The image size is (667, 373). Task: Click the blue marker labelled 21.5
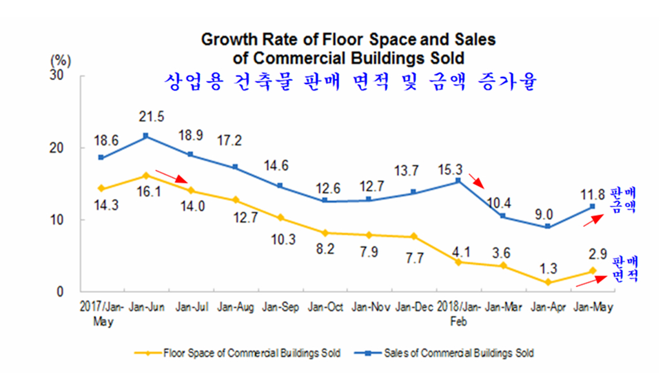[x=145, y=136]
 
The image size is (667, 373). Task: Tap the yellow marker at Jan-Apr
[x=547, y=282]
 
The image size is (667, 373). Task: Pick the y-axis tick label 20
[x=63, y=148]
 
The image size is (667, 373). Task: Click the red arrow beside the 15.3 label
[x=475, y=180]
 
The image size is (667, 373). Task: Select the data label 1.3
[x=547, y=266]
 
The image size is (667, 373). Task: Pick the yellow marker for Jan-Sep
[x=280, y=218]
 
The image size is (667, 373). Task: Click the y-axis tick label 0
[x=67, y=292]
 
